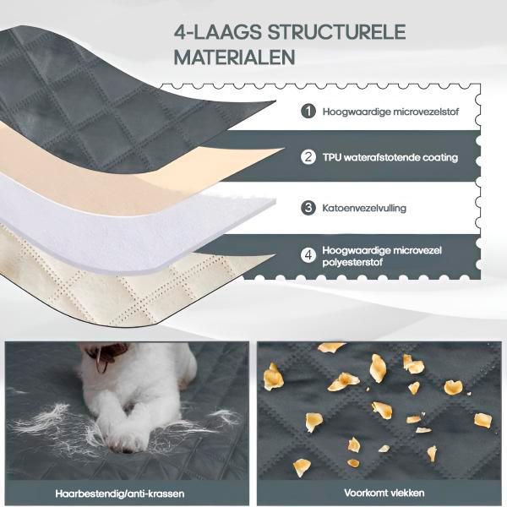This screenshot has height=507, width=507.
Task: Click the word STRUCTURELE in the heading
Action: tap(336, 32)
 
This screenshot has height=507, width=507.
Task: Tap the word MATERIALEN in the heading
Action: tap(234, 57)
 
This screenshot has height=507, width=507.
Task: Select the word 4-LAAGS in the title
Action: tap(218, 32)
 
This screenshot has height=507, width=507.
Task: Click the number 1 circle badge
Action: tap(308, 112)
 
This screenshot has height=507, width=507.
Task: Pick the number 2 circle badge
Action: tap(308, 157)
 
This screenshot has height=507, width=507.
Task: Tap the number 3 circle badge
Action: tap(308, 208)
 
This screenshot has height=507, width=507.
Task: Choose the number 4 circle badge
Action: tap(308, 255)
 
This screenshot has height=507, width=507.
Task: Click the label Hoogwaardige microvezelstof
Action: tap(390, 112)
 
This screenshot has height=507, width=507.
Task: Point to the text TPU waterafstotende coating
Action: tap(390, 157)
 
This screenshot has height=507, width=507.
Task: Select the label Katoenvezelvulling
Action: tap(364, 208)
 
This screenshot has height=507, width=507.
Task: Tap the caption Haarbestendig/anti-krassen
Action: tap(120, 493)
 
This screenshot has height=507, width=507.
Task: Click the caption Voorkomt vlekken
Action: tap(384, 493)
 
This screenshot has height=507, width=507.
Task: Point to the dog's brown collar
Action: tap(106, 356)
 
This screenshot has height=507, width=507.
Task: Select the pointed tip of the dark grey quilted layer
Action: tap(275, 101)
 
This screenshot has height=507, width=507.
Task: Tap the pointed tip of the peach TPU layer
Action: tap(283, 149)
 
